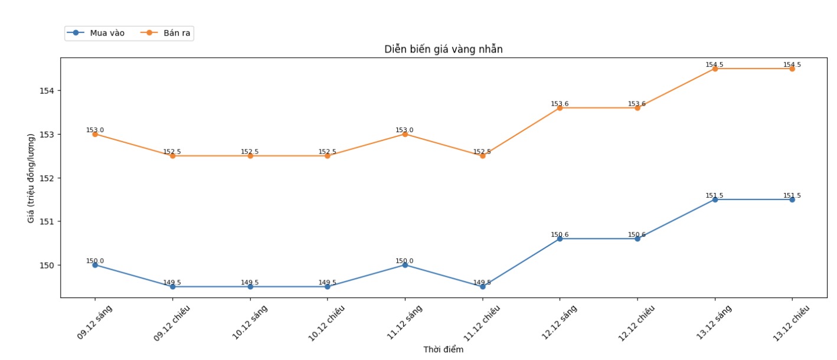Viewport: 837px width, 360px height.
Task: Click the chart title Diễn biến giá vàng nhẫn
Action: click(443, 50)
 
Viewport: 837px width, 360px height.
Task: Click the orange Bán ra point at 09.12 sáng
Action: click(95, 134)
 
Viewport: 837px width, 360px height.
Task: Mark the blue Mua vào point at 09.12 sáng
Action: click(95, 265)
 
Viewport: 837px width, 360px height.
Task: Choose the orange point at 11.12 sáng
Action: click(405, 134)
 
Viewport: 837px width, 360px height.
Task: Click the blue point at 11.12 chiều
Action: click(482, 287)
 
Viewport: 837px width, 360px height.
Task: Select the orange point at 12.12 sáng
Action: click(560, 108)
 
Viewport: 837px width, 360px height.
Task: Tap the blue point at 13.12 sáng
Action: click(715, 199)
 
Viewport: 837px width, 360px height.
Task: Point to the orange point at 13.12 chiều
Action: click(792, 68)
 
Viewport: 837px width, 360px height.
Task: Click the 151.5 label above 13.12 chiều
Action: click(792, 195)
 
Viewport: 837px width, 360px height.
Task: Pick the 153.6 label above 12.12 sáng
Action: click(560, 104)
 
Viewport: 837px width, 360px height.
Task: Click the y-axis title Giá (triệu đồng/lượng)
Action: click(31, 178)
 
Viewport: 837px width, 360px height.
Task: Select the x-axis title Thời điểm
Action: click(443, 349)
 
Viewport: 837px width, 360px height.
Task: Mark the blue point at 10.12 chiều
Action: click(328, 287)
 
